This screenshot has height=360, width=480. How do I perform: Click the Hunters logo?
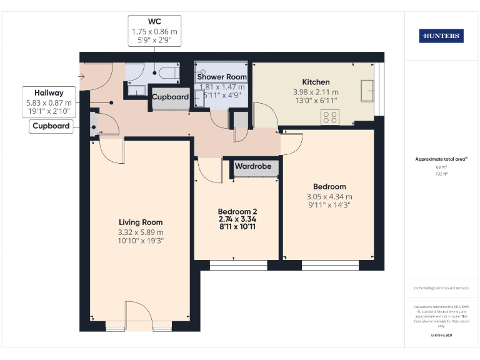point(441,36)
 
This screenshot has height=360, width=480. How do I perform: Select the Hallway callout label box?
point(49,102)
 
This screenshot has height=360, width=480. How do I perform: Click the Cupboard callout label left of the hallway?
point(51,127)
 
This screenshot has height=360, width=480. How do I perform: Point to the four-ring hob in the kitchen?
point(330,116)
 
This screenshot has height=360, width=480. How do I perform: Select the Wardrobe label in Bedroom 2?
point(253,167)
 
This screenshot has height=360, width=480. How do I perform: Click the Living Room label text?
point(141,222)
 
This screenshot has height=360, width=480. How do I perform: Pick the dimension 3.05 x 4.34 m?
point(329,197)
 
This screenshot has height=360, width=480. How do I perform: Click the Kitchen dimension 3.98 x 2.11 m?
point(316,92)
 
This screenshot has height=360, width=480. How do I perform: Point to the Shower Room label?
point(222,77)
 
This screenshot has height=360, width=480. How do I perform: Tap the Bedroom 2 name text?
point(237,211)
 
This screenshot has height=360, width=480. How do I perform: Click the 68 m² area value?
point(441,167)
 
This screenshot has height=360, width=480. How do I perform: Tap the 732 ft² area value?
point(441,174)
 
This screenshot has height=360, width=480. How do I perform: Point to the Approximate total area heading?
point(441,159)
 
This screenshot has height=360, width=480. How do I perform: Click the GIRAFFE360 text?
point(441,336)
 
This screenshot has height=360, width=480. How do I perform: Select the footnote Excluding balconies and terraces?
point(441,288)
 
